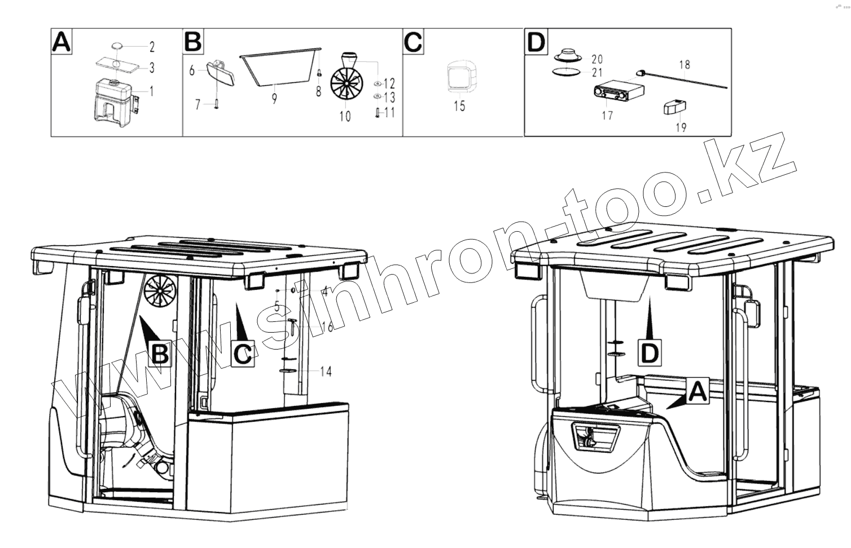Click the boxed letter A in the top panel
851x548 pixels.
point(62,42)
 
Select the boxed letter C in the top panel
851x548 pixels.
point(413,42)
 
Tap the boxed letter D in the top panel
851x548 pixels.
point(536,42)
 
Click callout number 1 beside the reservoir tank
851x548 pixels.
point(151,90)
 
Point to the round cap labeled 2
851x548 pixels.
point(117,46)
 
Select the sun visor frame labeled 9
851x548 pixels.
point(279,67)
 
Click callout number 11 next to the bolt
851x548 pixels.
point(389,112)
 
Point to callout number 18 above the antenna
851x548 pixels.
point(685,64)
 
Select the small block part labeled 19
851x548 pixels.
point(673,107)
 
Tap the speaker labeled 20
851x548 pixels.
point(566,56)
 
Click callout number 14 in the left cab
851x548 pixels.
point(326,371)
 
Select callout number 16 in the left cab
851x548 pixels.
point(326,326)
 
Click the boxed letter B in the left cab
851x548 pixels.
point(161,354)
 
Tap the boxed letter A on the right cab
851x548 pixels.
point(699,391)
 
